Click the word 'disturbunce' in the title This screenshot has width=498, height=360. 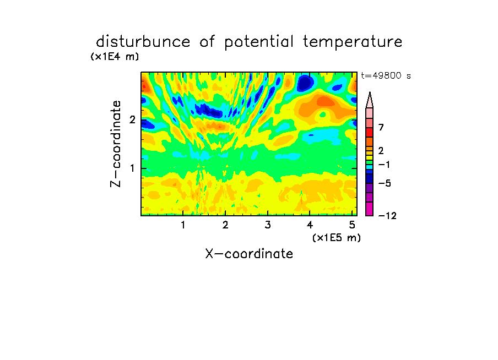click(x=143, y=41)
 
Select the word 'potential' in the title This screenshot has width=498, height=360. click(x=259, y=42)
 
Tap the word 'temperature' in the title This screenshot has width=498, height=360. click(x=353, y=42)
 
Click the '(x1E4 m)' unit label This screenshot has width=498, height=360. click(x=115, y=57)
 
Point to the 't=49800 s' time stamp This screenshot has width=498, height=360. click(x=386, y=75)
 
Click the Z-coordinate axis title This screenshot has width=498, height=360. click(x=116, y=144)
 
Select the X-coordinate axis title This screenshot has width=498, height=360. click(x=249, y=254)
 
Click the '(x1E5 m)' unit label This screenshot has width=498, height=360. click(x=337, y=238)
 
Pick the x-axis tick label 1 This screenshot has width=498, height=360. click(x=183, y=225)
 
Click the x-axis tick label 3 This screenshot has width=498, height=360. click(x=268, y=225)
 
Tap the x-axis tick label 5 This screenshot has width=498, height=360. click(x=352, y=225)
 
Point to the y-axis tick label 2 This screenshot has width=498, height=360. click(x=132, y=119)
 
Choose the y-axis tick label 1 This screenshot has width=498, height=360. click(x=132, y=168)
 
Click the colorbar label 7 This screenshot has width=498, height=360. click(x=381, y=128)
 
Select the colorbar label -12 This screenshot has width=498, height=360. click(x=387, y=216)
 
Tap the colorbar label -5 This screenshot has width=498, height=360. click(x=385, y=183)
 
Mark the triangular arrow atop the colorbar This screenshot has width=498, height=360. click(x=370, y=100)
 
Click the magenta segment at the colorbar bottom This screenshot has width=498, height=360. click(x=370, y=209)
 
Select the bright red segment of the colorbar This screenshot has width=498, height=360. click(x=370, y=132)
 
